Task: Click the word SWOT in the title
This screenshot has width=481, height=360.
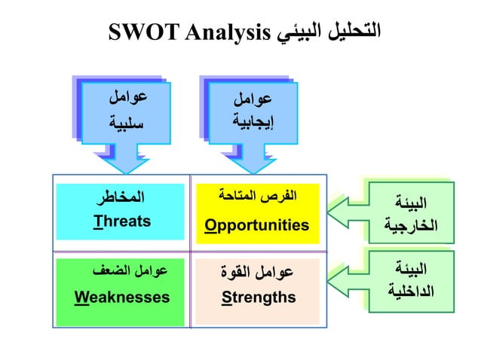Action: [140, 32]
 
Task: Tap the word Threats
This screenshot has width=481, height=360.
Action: [122, 221]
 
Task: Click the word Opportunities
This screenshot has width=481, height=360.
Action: [257, 225]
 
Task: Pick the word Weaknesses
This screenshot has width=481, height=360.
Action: [121, 297]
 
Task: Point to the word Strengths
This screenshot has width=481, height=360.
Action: [259, 297]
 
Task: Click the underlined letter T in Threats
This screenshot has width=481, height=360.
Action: [97, 221]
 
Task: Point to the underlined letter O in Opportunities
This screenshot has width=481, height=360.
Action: [210, 225]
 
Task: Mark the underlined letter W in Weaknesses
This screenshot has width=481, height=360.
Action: [81, 297]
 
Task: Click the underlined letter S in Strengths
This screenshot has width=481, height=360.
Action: [225, 297]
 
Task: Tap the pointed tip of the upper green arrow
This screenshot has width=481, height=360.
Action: [329, 212]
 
